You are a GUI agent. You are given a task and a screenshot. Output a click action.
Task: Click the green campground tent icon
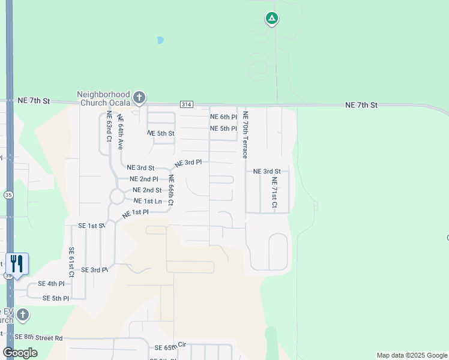coord(272,19)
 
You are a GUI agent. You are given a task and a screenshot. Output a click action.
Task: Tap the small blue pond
coord(160,41)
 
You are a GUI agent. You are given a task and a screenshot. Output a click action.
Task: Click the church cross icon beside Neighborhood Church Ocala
coord(139,97)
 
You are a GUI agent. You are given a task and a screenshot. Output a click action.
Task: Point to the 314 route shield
coord(186,104)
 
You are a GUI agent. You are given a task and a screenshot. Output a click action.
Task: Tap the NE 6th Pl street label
coord(223,117)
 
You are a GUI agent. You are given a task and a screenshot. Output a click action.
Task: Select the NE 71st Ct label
coord(274,193)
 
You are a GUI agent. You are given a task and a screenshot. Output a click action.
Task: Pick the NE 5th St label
coord(160,133)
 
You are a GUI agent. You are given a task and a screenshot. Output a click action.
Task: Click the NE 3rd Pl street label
coord(188,163)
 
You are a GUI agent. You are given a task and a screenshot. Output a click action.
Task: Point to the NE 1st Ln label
coord(148,201)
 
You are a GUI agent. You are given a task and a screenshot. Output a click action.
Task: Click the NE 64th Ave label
coord(120,132)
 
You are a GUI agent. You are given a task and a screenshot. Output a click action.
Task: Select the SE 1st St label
coord(92,226)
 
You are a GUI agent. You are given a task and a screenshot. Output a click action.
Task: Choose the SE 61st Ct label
coord(71,262)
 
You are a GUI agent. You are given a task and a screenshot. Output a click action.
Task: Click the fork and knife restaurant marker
coord(17,263)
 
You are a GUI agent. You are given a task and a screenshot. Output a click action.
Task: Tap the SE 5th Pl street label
coord(56,298)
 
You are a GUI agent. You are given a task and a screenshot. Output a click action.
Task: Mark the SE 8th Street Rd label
coord(39,338)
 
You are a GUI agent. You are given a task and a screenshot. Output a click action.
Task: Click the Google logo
coord(20,353)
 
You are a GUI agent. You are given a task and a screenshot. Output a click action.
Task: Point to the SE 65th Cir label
coord(171,347)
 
